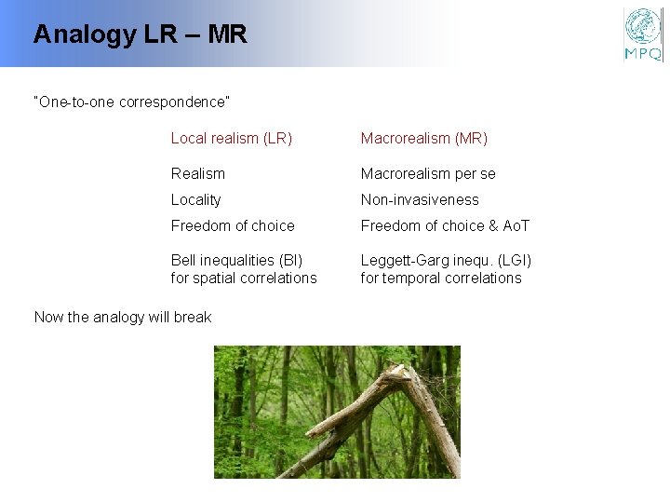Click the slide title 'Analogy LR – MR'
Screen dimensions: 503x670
[x=140, y=35]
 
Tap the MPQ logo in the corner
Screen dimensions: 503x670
[x=642, y=34]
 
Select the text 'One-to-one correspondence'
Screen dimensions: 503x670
[x=131, y=102]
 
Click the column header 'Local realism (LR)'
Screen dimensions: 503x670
[x=231, y=139]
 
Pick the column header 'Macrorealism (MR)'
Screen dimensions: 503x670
[x=423, y=139]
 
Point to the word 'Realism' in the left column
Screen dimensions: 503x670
[x=197, y=174]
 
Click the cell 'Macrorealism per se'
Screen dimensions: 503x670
[x=428, y=174]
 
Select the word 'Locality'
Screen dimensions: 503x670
[x=195, y=200]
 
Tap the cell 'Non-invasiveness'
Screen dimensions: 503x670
[x=420, y=200]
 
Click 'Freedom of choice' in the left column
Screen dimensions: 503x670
[x=233, y=226]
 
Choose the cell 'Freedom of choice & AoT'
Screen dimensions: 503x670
[x=445, y=226]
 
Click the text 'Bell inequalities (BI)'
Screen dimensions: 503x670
[x=236, y=261]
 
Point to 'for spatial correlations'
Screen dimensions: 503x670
[x=244, y=279]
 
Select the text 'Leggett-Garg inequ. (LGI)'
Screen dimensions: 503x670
[x=446, y=261]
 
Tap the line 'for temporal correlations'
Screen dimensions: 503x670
[x=441, y=279]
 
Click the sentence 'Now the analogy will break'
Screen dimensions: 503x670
[x=123, y=318]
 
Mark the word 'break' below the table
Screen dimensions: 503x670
[x=194, y=318]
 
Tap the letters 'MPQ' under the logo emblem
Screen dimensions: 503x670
[x=643, y=54]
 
